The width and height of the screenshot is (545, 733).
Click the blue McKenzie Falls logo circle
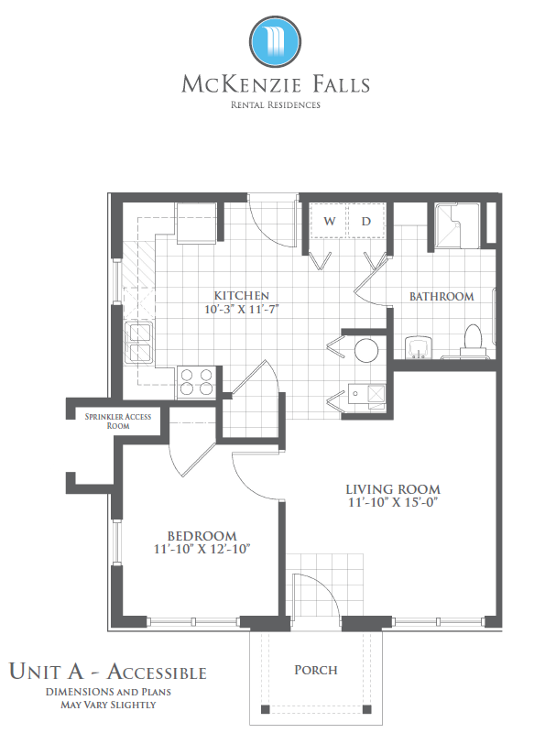pyautogui.click(x=275, y=41)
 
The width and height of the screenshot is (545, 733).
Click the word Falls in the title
pyautogui.click(x=341, y=84)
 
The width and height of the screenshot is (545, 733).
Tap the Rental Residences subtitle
pyautogui.click(x=276, y=104)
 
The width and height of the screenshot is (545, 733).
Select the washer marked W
pyautogui.click(x=329, y=221)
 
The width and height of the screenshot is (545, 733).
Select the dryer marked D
pyautogui.click(x=366, y=221)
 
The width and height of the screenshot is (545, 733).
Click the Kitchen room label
pyautogui.click(x=241, y=295)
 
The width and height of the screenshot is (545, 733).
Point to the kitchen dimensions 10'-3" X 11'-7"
pyautogui.click(x=241, y=309)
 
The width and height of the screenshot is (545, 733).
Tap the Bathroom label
pyautogui.click(x=441, y=296)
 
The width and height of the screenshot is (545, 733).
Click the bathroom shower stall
pyautogui.click(x=457, y=225)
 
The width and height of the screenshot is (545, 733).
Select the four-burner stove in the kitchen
pyautogui.click(x=196, y=382)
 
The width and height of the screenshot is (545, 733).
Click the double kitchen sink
pyautogui.click(x=139, y=343)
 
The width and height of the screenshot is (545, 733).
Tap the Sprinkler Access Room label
pyautogui.click(x=118, y=421)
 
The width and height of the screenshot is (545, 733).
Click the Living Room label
pyautogui.click(x=393, y=489)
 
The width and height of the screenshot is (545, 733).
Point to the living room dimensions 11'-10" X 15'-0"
pyautogui.click(x=393, y=502)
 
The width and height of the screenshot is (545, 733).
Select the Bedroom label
pyautogui.click(x=202, y=536)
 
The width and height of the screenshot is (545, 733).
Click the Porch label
pyautogui.click(x=316, y=670)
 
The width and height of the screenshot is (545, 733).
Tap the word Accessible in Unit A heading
pyautogui.click(x=157, y=672)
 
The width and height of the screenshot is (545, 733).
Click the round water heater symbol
pyautogui.click(x=366, y=350)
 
